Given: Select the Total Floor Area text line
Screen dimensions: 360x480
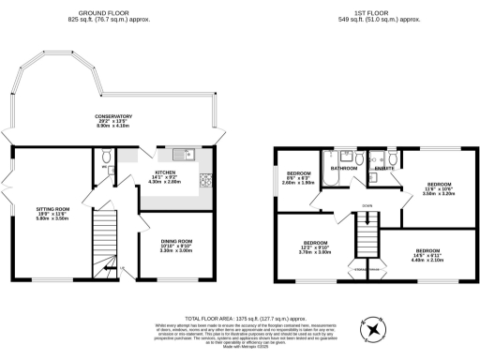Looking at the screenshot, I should [x=240, y=319].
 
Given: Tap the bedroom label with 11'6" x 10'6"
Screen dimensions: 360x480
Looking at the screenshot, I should [x=440, y=189].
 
